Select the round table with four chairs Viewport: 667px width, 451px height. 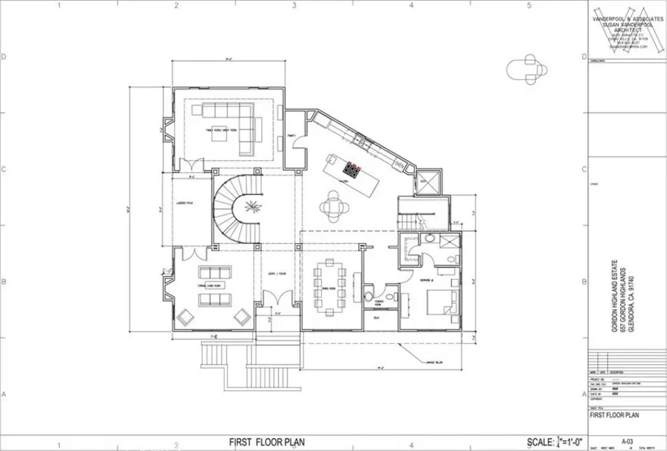[x=333, y=206]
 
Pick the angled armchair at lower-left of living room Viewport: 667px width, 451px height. [x=185, y=316]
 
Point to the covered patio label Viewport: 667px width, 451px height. [x=184, y=204]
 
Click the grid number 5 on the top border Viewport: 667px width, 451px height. [x=528, y=6]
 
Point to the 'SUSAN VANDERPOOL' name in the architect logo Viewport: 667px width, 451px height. [x=626, y=25]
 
